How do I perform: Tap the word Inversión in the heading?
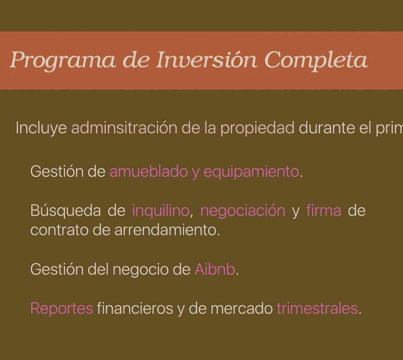click(x=207, y=59)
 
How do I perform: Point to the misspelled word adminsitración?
click(x=124, y=128)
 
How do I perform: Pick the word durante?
click(x=326, y=128)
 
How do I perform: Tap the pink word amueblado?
click(x=148, y=171)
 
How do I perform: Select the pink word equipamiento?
click(x=252, y=172)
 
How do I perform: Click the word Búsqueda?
click(x=65, y=211)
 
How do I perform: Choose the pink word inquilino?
click(x=161, y=211)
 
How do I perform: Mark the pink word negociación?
click(x=243, y=211)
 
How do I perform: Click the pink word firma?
click(x=324, y=210)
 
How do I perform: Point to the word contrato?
click(x=59, y=230)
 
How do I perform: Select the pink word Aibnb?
click(x=215, y=270)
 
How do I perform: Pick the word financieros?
click(x=135, y=308)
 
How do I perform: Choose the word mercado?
click(x=241, y=308)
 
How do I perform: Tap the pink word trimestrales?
click(x=317, y=308)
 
